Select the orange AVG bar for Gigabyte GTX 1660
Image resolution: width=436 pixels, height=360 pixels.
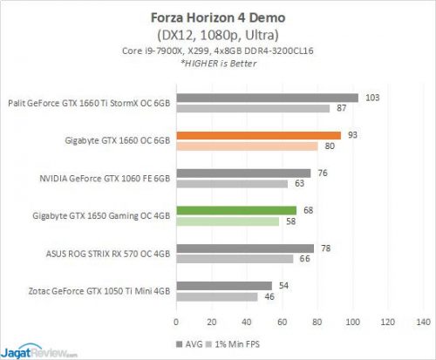click(259, 135)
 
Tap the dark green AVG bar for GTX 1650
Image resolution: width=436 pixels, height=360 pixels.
click(236, 210)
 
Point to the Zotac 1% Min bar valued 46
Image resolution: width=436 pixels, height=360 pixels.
click(216, 297)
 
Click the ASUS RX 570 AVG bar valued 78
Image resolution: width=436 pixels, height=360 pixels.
click(245, 248)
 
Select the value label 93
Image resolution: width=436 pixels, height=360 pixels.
click(351, 135)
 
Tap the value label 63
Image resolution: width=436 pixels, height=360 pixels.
click(298, 184)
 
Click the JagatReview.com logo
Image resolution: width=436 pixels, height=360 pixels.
click(40, 352)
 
